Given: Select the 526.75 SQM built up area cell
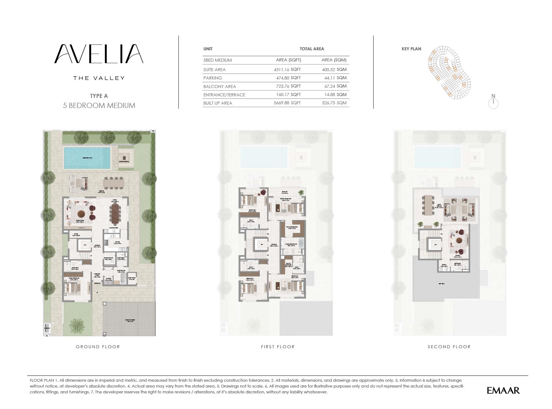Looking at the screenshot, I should pos(334,103).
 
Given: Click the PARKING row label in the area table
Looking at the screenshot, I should pos(213,78).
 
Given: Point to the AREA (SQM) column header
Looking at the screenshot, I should pos(334,60).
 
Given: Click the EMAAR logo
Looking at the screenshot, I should pos(503,390).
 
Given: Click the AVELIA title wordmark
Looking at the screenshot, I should pos(99,54).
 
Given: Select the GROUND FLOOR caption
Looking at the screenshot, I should pos(98,347).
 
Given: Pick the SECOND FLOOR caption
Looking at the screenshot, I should pos(449,347).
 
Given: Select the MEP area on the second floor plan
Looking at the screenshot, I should pos(442,284).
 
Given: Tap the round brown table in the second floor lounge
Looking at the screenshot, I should pos(459,240).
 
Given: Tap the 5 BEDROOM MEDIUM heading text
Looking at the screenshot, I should pos(99,106).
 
